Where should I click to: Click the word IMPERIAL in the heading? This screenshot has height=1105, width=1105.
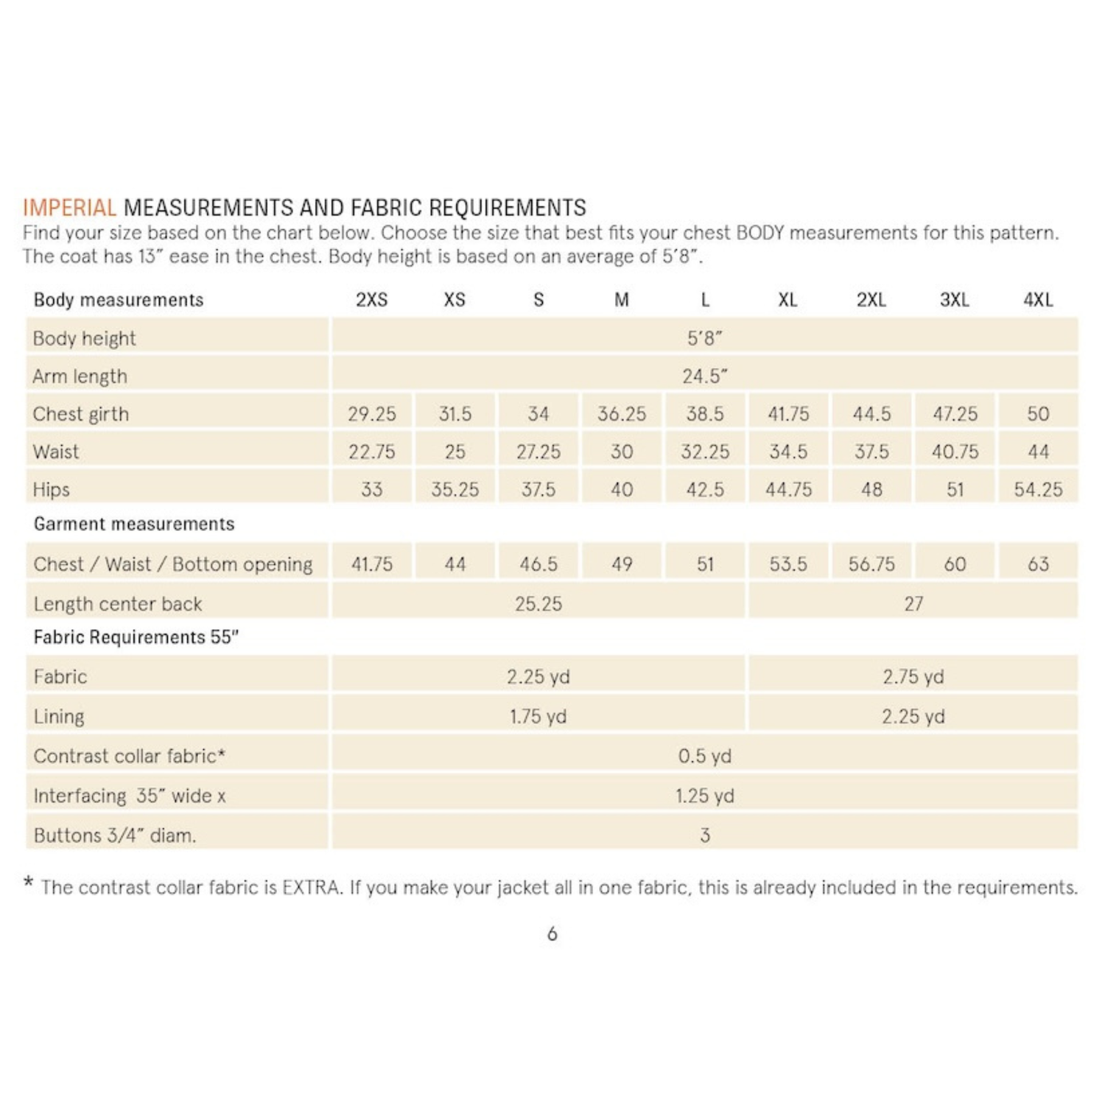pyautogui.click(x=69, y=208)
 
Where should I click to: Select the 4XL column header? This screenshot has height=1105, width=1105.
pyautogui.click(x=1038, y=300)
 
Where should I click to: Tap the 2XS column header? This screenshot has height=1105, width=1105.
pyautogui.click(x=371, y=300)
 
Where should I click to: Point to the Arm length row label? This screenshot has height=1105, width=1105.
pyautogui.click(x=80, y=376)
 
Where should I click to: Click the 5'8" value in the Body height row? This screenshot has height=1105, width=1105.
pyautogui.click(x=704, y=338)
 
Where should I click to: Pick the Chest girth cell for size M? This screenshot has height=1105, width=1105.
pyautogui.click(x=621, y=414)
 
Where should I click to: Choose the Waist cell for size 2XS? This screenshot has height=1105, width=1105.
pyautogui.click(x=371, y=452)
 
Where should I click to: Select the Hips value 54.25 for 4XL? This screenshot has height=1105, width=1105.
pyautogui.click(x=1038, y=490)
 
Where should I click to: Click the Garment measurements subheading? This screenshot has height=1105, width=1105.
pyautogui.click(x=134, y=524)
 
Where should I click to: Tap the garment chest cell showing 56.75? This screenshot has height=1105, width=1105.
pyautogui.click(x=871, y=564)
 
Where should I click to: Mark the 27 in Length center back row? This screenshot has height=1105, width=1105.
pyautogui.click(x=913, y=604)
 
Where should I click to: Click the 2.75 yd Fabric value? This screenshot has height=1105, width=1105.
pyautogui.click(x=913, y=677)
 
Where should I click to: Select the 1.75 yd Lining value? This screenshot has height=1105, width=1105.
pyautogui.click(x=538, y=717)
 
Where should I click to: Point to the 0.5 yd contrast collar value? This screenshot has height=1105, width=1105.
pyautogui.click(x=704, y=757)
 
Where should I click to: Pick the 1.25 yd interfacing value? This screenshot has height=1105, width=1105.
pyautogui.click(x=704, y=796)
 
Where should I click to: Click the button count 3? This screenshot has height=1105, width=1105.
pyautogui.click(x=704, y=835)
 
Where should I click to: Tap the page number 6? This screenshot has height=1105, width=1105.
pyautogui.click(x=552, y=934)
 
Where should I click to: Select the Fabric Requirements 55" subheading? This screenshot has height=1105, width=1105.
pyautogui.click(x=136, y=637)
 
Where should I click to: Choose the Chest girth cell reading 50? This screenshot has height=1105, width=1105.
pyautogui.click(x=1038, y=414)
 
